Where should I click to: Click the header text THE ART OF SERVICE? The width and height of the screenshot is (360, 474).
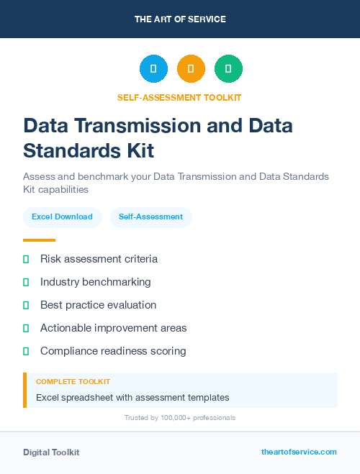click(x=180, y=19)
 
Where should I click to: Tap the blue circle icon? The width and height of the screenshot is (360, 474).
click(x=153, y=69)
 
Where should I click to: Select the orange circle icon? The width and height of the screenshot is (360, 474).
click(x=191, y=69)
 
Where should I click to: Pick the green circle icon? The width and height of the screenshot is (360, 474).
click(x=228, y=69)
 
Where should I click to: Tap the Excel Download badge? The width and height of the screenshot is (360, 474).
click(x=62, y=217)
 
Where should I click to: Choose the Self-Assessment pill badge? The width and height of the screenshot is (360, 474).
click(x=150, y=217)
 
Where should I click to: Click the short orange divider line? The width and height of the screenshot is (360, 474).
click(x=39, y=240)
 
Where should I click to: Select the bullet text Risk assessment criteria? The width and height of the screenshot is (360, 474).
click(x=99, y=259)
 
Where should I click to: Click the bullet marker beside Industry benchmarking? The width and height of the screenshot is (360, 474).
click(x=26, y=282)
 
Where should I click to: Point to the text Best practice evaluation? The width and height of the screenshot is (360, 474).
click(x=98, y=305)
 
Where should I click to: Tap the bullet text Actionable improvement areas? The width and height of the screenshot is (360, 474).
click(x=113, y=328)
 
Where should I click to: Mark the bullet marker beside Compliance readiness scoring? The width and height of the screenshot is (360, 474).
click(x=26, y=351)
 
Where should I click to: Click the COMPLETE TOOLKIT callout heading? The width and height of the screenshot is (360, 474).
click(x=73, y=382)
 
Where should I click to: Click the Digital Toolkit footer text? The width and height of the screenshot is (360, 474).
click(x=51, y=452)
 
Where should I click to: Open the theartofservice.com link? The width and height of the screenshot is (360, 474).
click(x=299, y=452)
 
